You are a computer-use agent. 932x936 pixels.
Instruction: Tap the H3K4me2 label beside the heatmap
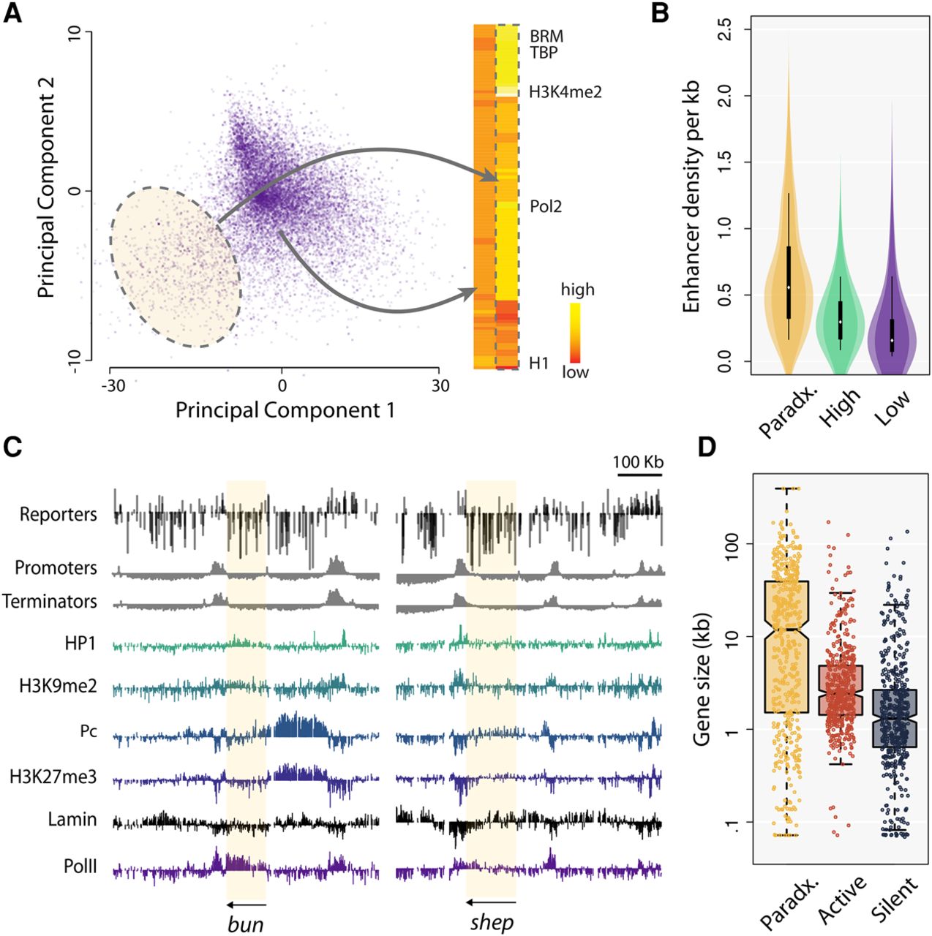pyautogui.click(x=565, y=93)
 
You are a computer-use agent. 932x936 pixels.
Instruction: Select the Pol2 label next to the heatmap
pyautogui.click(x=546, y=207)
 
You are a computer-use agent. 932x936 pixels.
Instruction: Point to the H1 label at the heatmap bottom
pyautogui.click(x=538, y=363)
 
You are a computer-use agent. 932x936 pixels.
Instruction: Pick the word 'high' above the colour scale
pyautogui.click(x=577, y=290)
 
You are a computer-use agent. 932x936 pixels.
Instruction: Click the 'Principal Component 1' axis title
pyautogui.click(x=285, y=410)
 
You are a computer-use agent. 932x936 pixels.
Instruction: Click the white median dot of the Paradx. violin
pyautogui.click(x=789, y=287)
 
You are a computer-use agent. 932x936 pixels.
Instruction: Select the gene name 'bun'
pyautogui.click(x=245, y=924)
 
